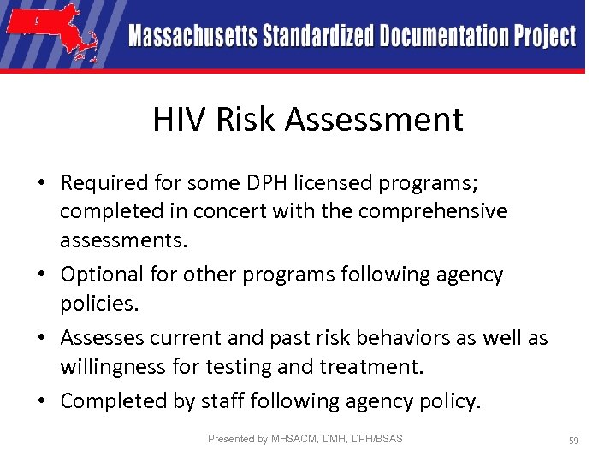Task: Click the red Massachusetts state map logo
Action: point(51,34)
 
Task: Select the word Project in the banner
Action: point(545,36)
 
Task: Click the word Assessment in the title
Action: point(375,120)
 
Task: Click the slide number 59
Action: point(574,440)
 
